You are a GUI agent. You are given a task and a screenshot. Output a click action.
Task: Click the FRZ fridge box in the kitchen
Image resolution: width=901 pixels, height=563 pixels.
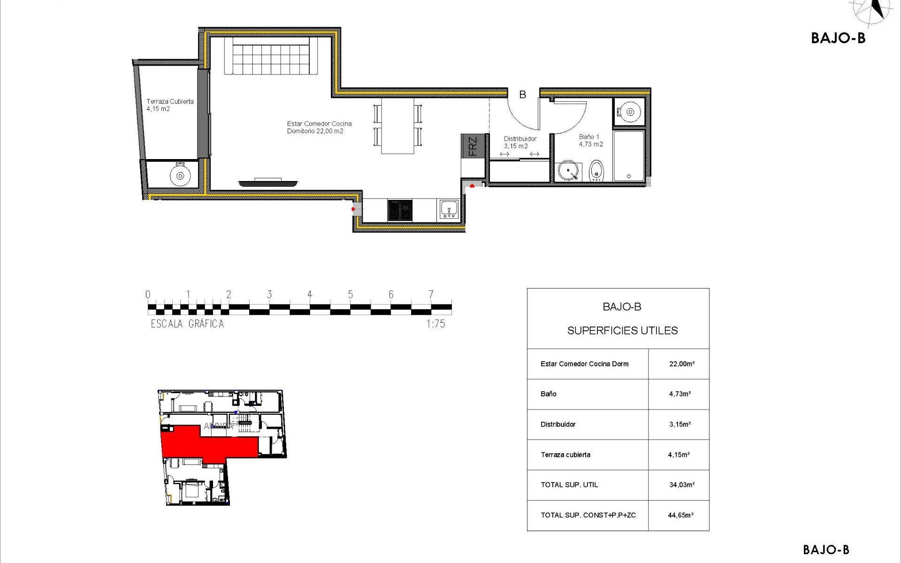472,146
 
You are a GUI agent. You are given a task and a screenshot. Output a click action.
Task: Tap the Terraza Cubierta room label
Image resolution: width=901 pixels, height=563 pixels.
169,105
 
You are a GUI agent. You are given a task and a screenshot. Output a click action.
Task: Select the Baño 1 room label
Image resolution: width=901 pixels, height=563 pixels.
590,140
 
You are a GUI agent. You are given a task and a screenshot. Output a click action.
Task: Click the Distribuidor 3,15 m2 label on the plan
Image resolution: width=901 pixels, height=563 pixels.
519,142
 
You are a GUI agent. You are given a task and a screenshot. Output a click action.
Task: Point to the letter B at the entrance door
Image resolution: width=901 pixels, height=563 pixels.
522,95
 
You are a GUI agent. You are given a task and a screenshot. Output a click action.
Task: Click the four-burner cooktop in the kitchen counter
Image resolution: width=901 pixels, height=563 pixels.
400,210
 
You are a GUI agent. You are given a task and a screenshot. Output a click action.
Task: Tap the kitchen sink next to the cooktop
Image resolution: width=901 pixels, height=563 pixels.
450,209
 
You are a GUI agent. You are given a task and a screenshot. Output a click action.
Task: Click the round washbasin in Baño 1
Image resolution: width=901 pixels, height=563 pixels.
568,171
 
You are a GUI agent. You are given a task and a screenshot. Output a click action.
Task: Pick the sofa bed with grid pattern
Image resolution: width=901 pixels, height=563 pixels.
271,56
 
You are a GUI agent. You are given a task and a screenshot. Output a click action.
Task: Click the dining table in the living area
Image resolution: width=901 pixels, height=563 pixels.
397,126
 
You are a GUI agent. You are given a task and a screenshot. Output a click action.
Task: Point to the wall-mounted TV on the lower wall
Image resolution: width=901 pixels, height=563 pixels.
268,183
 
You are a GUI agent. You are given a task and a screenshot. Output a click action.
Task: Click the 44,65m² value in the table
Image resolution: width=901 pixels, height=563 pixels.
680,515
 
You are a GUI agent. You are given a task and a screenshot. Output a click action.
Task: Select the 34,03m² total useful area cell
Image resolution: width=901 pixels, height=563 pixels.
681,485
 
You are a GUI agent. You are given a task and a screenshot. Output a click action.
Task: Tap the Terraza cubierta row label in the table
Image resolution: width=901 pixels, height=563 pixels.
565,455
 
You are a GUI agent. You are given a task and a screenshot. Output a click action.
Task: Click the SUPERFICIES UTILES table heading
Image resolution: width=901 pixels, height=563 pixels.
622,331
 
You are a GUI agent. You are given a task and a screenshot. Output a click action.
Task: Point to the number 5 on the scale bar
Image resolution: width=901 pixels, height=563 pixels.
350,295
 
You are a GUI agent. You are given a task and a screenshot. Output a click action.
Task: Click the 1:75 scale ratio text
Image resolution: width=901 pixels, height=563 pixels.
435,324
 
